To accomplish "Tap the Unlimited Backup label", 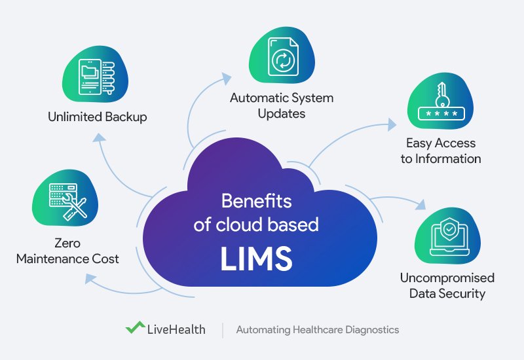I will coord(97,118).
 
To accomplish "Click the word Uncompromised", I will coord(447,278).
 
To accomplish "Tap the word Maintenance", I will coord(58,259).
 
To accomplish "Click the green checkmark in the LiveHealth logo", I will coord(135,328).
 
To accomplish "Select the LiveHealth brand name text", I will coord(176,329).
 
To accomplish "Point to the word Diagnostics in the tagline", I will coord(371,330).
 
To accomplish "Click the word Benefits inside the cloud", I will coord(256,201).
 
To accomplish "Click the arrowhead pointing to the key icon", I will coord(392,123).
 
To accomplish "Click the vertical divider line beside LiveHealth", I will coord(222,329).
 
